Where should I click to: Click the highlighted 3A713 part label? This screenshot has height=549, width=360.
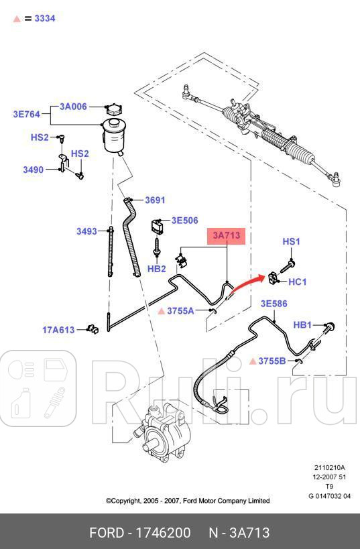pyautogui.click(x=227, y=236)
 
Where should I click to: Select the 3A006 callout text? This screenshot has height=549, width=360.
pyautogui.click(x=73, y=107)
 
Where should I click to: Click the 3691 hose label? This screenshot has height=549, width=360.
pyautogui.click(x=155, y=200)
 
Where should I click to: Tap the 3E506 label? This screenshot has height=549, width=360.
pyautogui.click(x=184, y=220)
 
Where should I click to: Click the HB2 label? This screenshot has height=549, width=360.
pyautogui.click(x=156, y=269)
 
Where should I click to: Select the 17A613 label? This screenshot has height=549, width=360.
pyautogui.click(x=58, y=329)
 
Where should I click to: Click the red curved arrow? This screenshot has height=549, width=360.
pyautogui.click(x=245, y=284)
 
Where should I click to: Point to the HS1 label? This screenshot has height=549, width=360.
pyautogui.click(x=291, y=241)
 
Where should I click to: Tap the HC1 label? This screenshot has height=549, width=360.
pyautogui.click(x=297, y=282)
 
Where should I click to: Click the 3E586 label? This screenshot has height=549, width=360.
pyautogui.click(x=274, y=304)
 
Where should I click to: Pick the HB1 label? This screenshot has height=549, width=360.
pyautogui.click(x=303, y=325)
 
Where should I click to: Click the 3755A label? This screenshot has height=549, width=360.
pyautogui.click(x=180, y=310)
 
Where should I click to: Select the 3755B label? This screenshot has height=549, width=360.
pyautogui.click(x=272, y=361)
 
